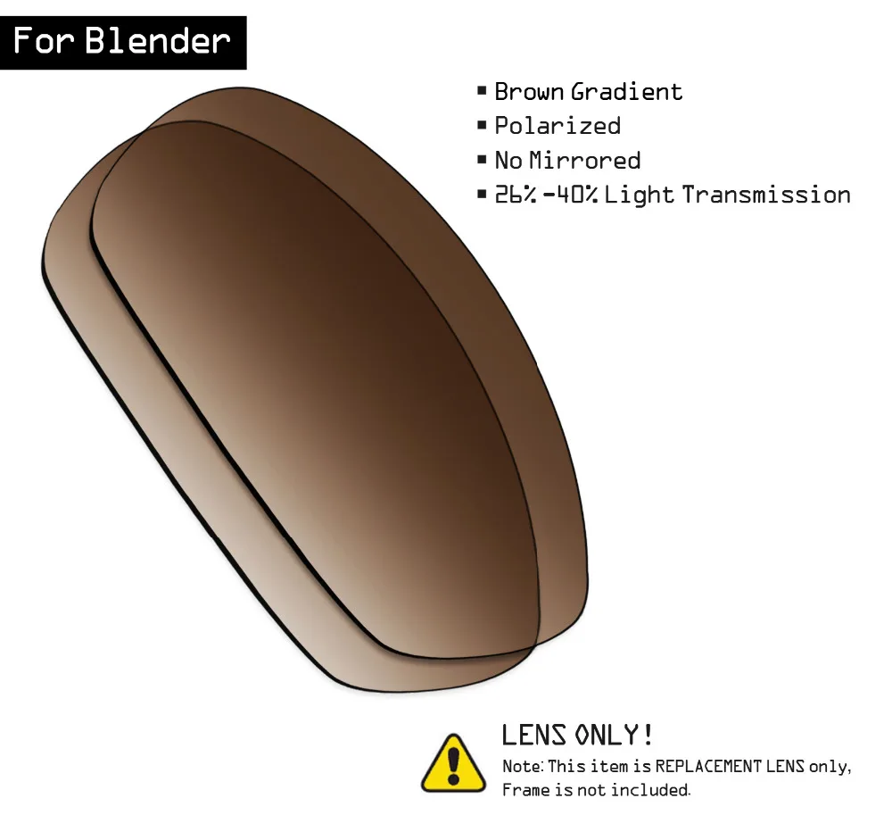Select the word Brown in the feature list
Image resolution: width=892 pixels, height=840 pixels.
[x=529, y=92]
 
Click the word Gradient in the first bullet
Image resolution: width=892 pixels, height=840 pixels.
[x=627, y=92]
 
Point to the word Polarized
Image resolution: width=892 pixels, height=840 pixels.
[x=557, y=126]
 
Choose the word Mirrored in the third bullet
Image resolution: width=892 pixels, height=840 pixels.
[x=585, y=161]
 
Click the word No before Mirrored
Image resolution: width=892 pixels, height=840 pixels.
[x=509, y=161]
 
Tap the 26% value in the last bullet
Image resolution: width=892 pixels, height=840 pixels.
[x=516, y=195]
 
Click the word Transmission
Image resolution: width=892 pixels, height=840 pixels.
[x=766, y=195]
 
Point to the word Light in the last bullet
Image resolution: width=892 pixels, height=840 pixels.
[x=640, y=195]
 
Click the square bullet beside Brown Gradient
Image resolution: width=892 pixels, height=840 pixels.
[x=482, y=91]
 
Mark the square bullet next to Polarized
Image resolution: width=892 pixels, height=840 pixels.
[x=482, y=125]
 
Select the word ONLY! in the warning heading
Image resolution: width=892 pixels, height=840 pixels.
[x=615, y=735]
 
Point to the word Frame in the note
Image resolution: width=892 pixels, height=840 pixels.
[x=526, y=790]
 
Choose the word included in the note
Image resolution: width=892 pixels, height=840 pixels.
[x=655, y=790]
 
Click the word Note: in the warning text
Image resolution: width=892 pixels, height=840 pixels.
[x=522, y=766]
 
